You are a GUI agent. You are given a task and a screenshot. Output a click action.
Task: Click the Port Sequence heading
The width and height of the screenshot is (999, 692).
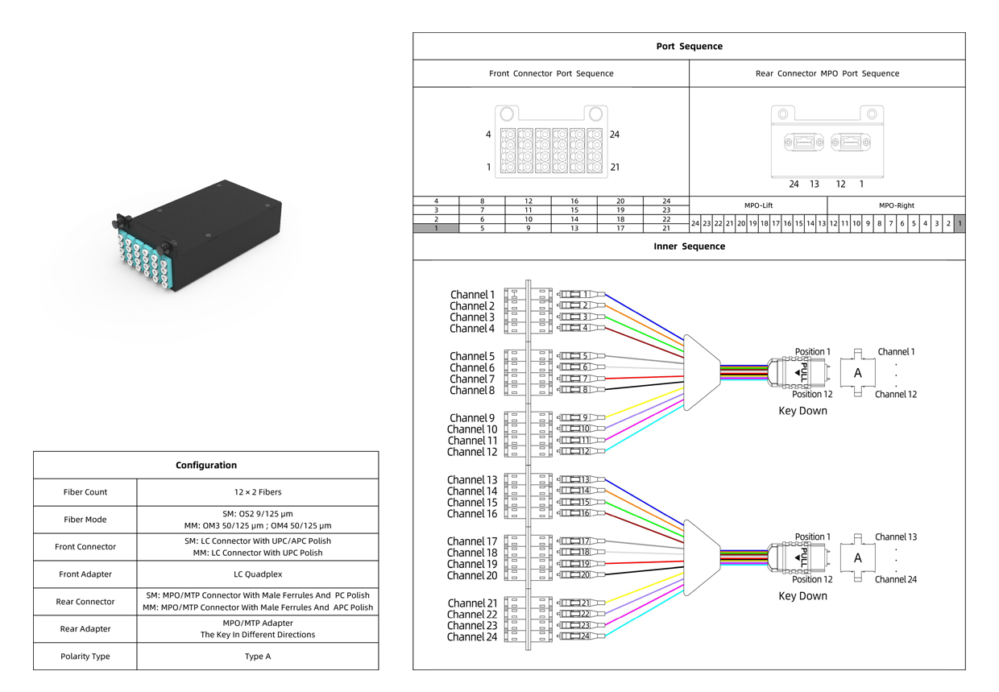[x=689, y=47]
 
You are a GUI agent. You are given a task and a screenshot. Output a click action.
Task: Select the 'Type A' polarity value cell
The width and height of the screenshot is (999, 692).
[x=258, y=657]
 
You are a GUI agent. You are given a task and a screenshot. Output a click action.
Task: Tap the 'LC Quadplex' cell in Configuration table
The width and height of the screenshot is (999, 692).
[x=258, y=574]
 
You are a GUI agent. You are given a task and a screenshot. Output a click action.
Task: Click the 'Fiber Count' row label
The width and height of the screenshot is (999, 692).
[x=85, y=492]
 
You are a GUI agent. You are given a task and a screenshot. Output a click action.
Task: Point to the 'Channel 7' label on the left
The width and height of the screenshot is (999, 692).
[x=472, y=379]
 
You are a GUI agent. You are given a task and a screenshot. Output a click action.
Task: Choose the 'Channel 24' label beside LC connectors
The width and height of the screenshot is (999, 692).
[x=472, y=637]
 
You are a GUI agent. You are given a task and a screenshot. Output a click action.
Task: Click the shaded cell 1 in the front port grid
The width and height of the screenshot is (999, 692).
[x=436, y=228]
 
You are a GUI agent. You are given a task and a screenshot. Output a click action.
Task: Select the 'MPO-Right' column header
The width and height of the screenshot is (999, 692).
[x=897, y=205]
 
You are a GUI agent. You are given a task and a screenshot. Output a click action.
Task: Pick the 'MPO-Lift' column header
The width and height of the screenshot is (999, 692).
[x=758, y=205]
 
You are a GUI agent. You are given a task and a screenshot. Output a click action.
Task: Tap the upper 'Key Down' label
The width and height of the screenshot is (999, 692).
[x=802, y=411]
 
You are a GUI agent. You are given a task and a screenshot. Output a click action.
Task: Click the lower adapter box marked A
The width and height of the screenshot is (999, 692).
[x=858, y=557]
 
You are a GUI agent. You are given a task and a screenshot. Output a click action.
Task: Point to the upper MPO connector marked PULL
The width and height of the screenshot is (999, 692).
[x=798, y=372]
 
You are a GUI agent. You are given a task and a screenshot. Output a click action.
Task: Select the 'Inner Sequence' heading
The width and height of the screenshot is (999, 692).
[x=689, y=247]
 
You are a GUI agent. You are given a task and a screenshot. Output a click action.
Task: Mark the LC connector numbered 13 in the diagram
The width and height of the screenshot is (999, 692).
[x=581, y=480]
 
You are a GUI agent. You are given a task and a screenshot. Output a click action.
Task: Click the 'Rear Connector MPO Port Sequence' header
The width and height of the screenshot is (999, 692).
[x=827, y=73]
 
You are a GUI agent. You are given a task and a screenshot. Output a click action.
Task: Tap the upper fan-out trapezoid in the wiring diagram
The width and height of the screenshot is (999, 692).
[x=702, y=372]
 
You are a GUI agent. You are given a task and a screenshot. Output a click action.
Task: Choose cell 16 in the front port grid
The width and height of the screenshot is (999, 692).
[x=574, y=201]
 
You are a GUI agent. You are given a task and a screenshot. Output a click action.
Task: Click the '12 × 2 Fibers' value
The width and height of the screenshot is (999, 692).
[x=258, y=492]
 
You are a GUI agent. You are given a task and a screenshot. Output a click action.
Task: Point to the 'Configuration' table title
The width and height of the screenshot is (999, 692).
[x=206, y=466]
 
